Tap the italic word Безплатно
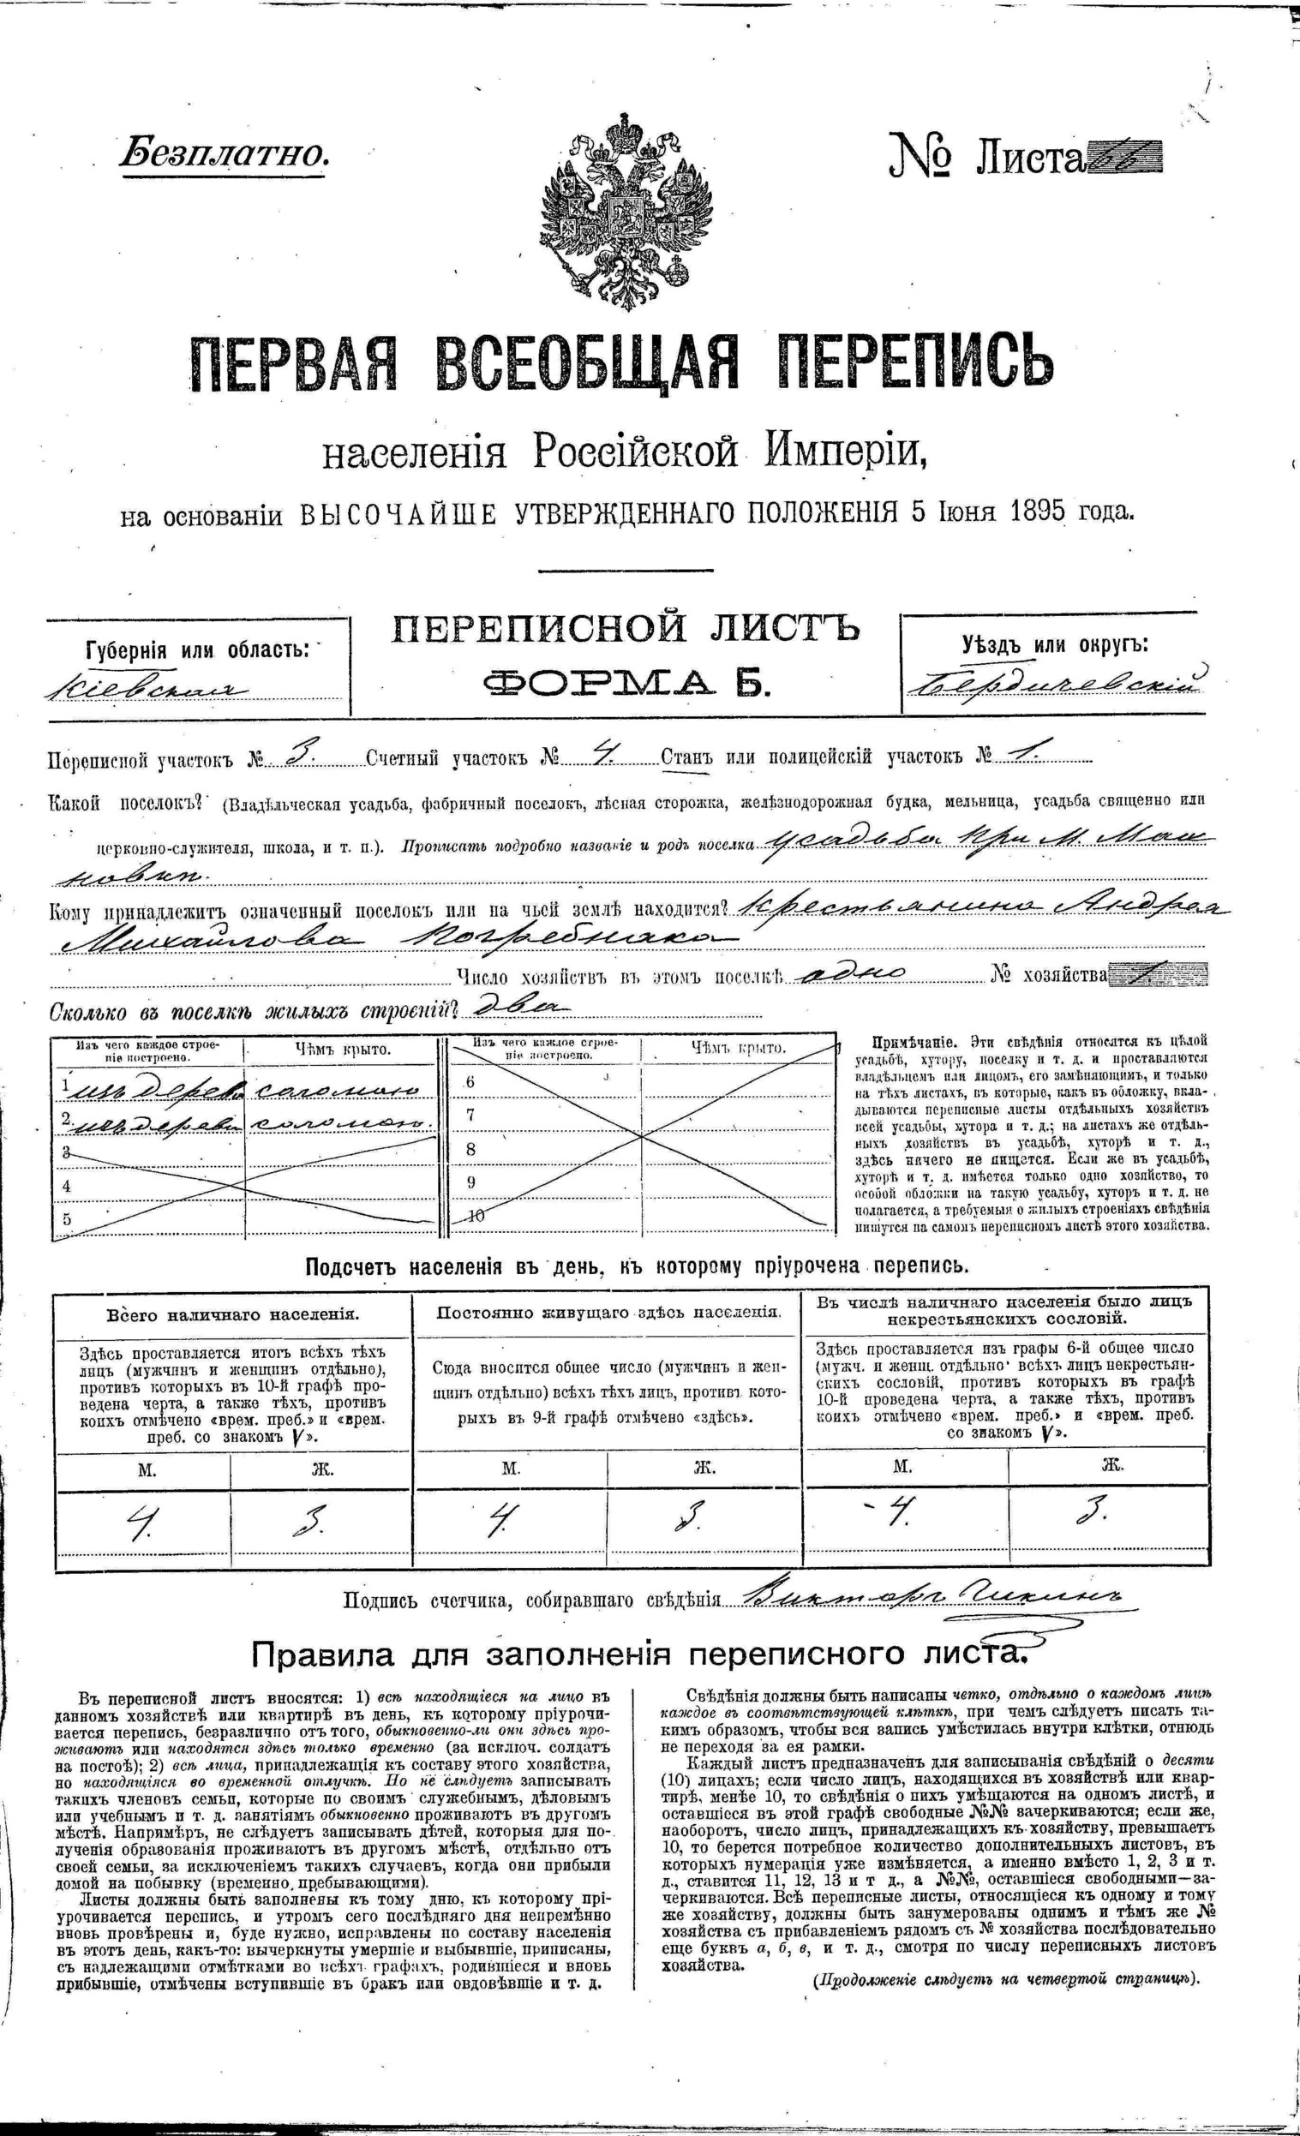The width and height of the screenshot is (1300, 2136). (224, 153)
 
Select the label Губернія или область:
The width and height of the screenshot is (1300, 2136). (196, 649)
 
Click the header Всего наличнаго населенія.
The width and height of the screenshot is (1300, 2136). (232, 1314)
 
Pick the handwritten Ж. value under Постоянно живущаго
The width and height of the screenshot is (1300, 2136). (693, 1517)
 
